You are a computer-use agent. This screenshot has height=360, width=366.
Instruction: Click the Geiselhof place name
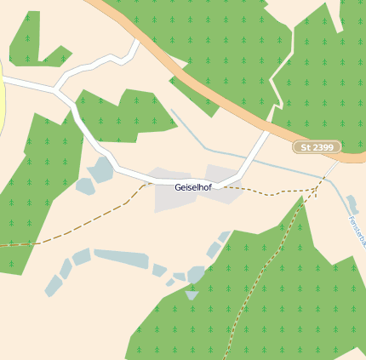pos(192,186)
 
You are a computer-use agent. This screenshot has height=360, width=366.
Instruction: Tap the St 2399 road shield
pos(317,147)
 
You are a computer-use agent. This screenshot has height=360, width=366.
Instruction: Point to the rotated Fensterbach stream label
pos(357,231)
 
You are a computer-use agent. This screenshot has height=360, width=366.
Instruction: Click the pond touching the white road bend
pos(101,169)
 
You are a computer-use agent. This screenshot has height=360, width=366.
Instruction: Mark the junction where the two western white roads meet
pos(56,88)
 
